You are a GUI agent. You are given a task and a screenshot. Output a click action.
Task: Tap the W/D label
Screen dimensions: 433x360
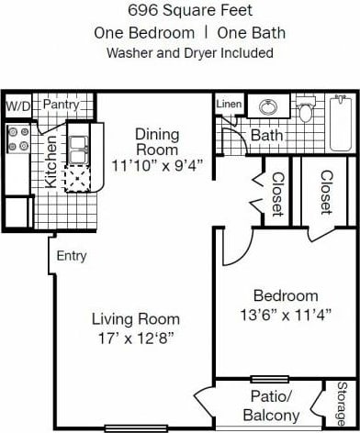pyautogui.click(x=17, y=106)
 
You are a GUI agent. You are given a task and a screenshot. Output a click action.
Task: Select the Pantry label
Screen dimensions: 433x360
pyautogui.click(x=61, y=105)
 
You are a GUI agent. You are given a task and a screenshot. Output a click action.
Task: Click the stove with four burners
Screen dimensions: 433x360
pyautogui.click(x=17, y=140)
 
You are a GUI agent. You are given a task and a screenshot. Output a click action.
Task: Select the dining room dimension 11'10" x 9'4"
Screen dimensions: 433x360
pyautogui.click(x=156, y=166)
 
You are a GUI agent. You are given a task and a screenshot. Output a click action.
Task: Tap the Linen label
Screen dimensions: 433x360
pyautogui.click(x=229, y=105)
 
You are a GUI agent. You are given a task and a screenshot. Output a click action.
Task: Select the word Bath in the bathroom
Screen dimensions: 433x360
pyautogui.click(x=266, y=136)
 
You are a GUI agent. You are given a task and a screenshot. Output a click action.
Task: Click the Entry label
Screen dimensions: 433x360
pyautogui.click(x=71, y=256)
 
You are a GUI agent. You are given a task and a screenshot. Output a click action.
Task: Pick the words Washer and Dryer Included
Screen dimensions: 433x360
pyautogui.click(x=189, y=52)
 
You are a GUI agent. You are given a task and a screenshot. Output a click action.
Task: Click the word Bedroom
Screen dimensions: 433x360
pyautogui.click(x=286, y=295)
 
